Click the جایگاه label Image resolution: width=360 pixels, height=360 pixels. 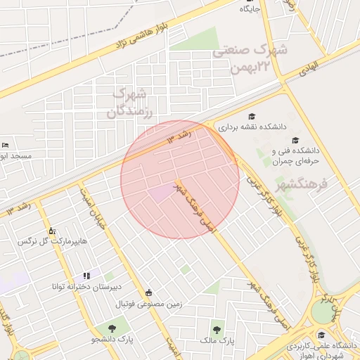click(250, 9)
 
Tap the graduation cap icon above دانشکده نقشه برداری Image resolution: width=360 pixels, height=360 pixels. click(252, 116)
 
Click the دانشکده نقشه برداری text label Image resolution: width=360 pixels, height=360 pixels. click(252, 128)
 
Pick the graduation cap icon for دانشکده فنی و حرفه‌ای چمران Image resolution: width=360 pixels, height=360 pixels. click(295, 140)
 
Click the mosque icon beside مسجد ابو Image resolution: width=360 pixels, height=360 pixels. click(6, 145)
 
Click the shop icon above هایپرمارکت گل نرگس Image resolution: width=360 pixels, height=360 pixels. click(51, 230)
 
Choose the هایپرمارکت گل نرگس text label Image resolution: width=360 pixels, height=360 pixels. click(53, 241)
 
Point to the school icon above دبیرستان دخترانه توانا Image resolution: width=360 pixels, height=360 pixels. click(86, 276)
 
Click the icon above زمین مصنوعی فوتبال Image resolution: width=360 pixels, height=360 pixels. click(148, 292)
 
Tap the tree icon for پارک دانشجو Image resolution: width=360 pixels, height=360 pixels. click(112, 328)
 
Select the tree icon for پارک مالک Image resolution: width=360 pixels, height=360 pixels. click(216, 328)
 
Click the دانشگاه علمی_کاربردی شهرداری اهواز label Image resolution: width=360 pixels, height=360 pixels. click(323, 350)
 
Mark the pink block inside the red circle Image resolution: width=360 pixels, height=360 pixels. click(162, 191)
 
